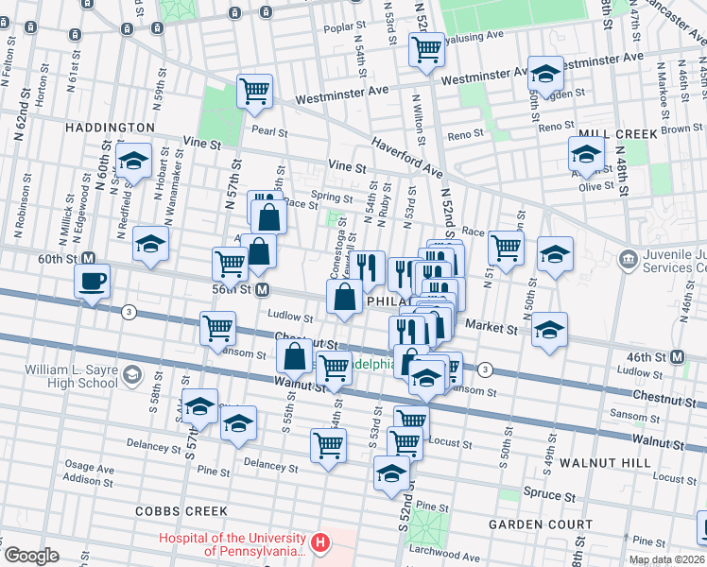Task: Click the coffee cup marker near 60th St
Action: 92,282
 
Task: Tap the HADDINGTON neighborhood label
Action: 110,127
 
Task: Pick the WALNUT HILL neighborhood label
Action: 604,463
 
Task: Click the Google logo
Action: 31,556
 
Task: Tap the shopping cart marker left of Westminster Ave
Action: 254,92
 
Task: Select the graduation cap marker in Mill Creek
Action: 586,154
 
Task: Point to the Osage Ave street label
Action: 89,468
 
